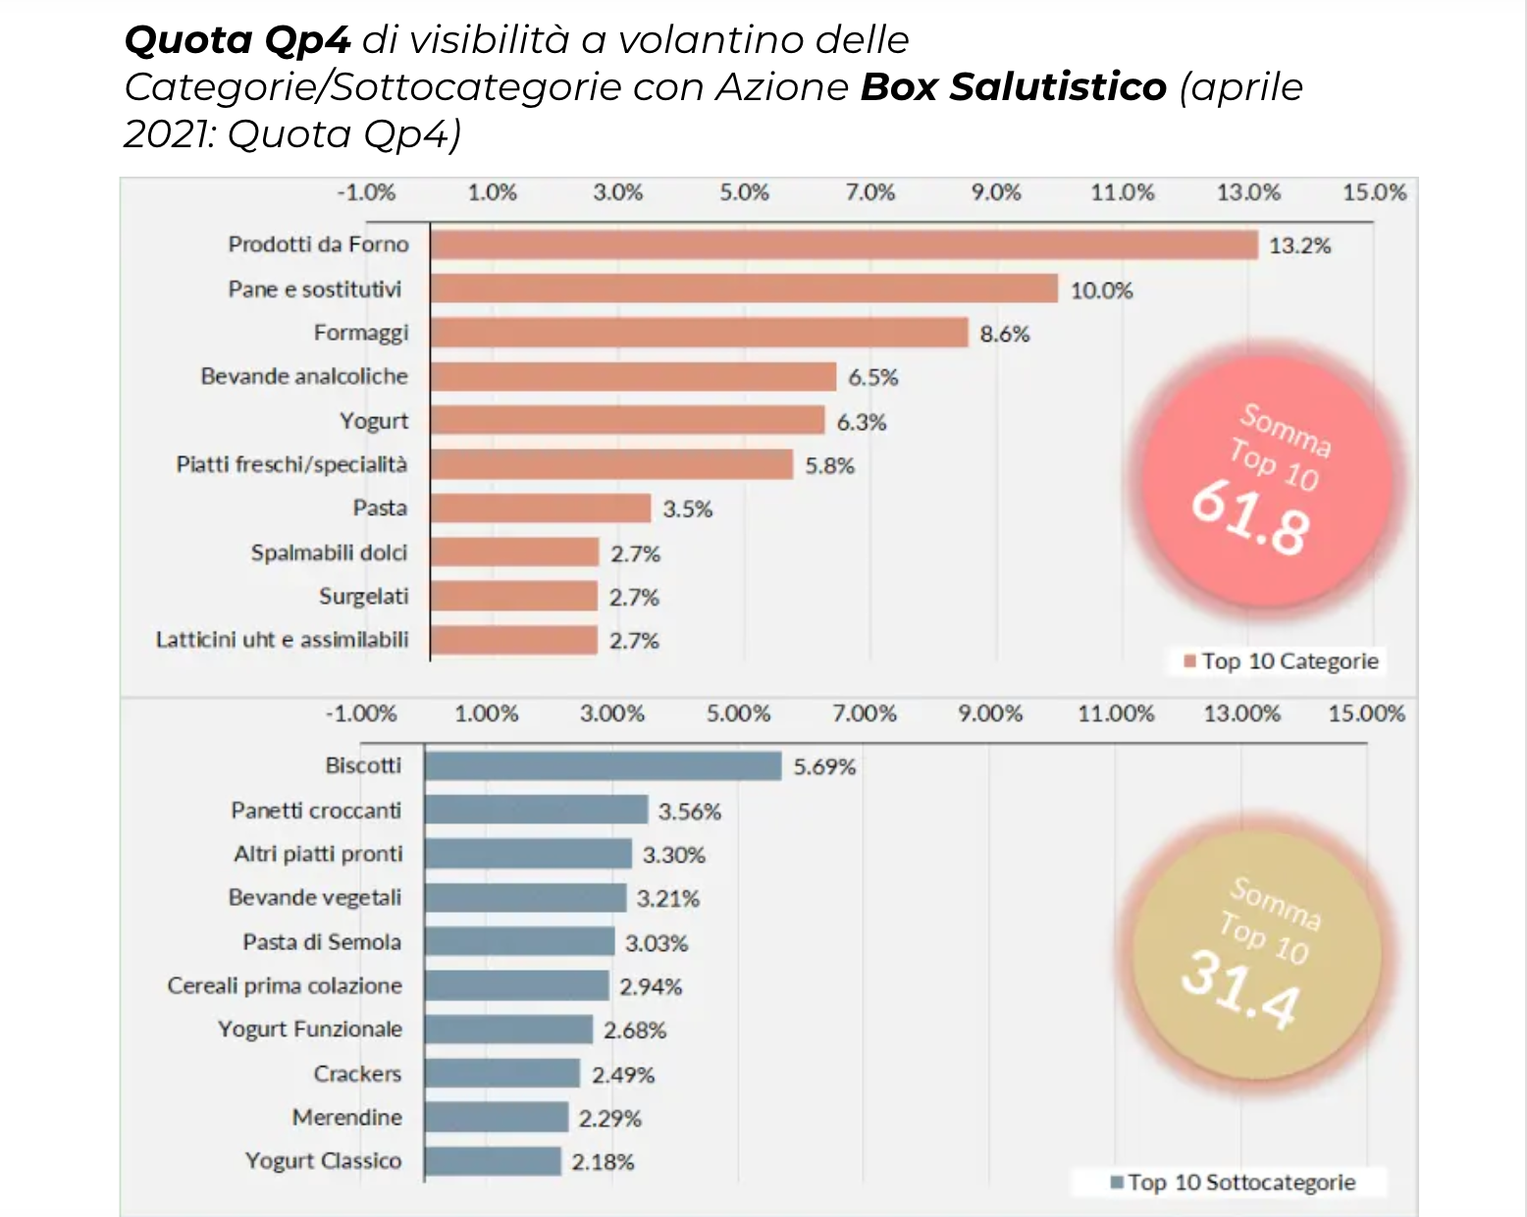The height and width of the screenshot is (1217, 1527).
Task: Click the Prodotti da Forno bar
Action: pyautogui.click(x=844, y=244)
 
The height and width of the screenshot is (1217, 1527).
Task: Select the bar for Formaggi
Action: pyautogui.click(x=699, y=333)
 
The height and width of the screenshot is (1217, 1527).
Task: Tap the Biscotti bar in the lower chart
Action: pyautogui.click(x=604, y=767)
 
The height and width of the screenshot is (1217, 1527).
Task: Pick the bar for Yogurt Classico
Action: pyautogui.click(x=493, y=1161)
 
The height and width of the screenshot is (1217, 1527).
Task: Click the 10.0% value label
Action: pyautogui.click(x=1101, y=291)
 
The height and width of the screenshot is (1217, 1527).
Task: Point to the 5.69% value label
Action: pyautogui.click(x=824, y=767)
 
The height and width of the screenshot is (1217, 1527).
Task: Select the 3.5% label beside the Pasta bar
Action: pyautogui.click(x=687, y=509)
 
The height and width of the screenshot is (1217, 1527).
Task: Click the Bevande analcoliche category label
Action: pyautogui.click(x=304, y=377)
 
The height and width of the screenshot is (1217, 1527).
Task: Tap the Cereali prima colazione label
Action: pyautogui.click(x=285, y=985)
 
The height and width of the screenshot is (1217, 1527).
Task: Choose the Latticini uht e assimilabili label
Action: pyautogui.click(x=282, y=640)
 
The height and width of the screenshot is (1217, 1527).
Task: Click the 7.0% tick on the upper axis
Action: pyautogui.click(x=870, y=192)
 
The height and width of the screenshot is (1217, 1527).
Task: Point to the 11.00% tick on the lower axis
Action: pyautogui.click(x=1116, y=714)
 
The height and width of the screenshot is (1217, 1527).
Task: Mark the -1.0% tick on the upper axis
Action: pyautogui.click(x=366, y=192)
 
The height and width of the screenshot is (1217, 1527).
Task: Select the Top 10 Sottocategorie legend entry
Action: pyautogui.click(x=1233, y=1183)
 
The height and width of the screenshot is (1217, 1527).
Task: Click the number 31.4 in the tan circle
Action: pyautogui.click(x=1240, y=989)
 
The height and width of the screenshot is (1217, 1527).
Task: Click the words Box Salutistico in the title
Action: pyautogui.click(x=1013, y=87)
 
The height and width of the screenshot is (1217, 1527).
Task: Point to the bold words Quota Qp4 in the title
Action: pyautogui.click(x=237, y=40)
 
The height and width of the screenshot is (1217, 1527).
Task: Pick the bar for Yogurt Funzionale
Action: pyautogui.click(x=508, y=1030)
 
